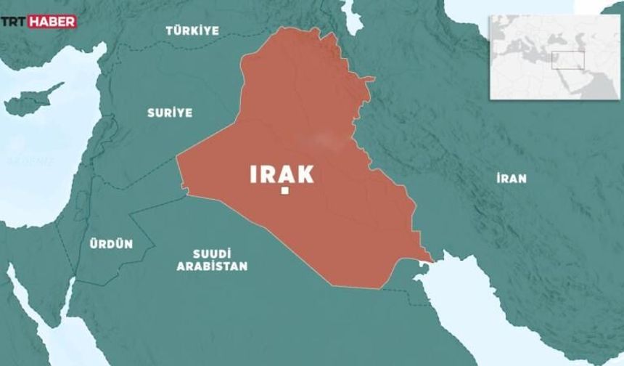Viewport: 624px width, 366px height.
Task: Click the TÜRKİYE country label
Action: pyautogui.click(x=192, y=30)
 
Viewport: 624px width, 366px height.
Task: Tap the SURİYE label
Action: pyautogui.click(x=170, y=113)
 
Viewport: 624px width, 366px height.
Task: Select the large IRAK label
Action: pyautogui.click(x=282, y=174)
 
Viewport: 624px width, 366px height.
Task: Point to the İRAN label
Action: pyautogui.click(x=512, y=178)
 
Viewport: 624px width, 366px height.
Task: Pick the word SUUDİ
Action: pyautogui.click(x=212, y=253)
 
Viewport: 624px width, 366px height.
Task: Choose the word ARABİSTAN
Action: pyautogui.click(x=212, y=267)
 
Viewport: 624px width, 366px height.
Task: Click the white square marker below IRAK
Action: pyautogui.click(x=285, y=191)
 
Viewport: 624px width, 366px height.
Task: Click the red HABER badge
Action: pyautogui.click(x=53, y=22)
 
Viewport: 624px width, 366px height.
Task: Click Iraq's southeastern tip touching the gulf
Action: pyautogui.click(x=432, y=258)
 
